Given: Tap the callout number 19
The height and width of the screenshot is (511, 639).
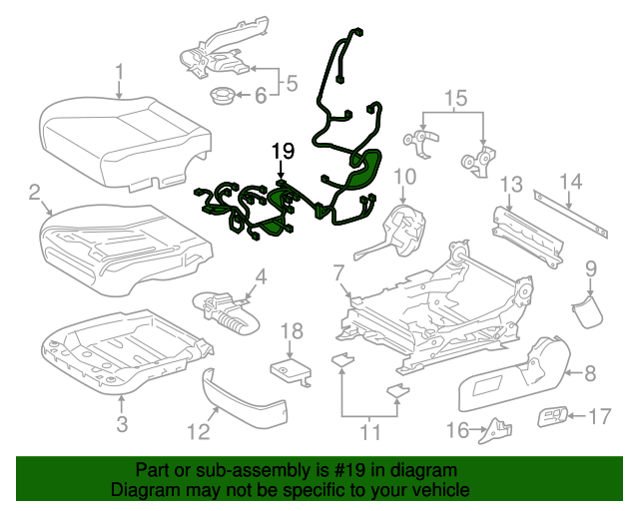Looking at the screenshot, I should click(x=283, y=152).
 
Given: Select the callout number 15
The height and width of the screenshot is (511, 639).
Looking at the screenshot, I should click(x=454, y=98).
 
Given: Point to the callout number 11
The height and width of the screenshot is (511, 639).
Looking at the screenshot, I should click(x=370, y=432).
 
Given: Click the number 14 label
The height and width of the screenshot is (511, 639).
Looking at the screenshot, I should click(x=569, y=181).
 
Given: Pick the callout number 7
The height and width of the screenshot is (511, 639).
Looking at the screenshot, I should click(x=338, y=271).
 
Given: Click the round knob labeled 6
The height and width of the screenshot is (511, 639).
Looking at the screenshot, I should click(x=221, y=97).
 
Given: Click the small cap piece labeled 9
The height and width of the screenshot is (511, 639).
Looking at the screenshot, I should click(x=586, y=308).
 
